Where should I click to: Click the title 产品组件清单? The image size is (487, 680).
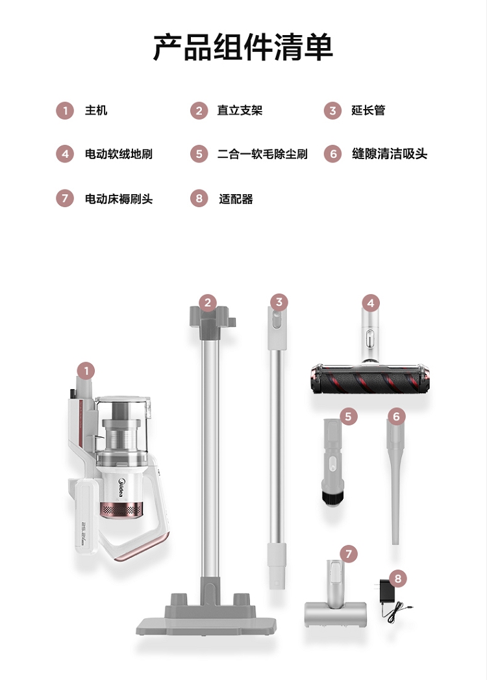243,47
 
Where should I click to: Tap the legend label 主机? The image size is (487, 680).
96,110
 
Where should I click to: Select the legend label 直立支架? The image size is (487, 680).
240,110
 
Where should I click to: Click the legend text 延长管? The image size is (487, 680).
368,110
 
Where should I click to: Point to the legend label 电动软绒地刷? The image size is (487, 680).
118,154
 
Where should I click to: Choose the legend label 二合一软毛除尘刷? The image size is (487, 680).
262,154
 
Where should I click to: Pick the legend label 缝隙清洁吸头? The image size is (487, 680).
390,154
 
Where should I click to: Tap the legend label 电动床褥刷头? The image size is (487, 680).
119,199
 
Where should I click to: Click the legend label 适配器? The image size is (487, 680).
236,199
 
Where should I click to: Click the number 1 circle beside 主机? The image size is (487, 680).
65,110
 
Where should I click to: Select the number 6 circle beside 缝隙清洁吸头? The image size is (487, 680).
332,154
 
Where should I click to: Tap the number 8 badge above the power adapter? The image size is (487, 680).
397,578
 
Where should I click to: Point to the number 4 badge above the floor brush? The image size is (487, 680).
370,303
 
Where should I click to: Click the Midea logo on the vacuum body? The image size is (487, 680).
122,488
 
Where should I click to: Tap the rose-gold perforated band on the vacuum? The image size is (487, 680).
121,510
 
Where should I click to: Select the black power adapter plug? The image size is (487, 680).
385,591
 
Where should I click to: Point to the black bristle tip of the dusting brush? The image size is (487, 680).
332,498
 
